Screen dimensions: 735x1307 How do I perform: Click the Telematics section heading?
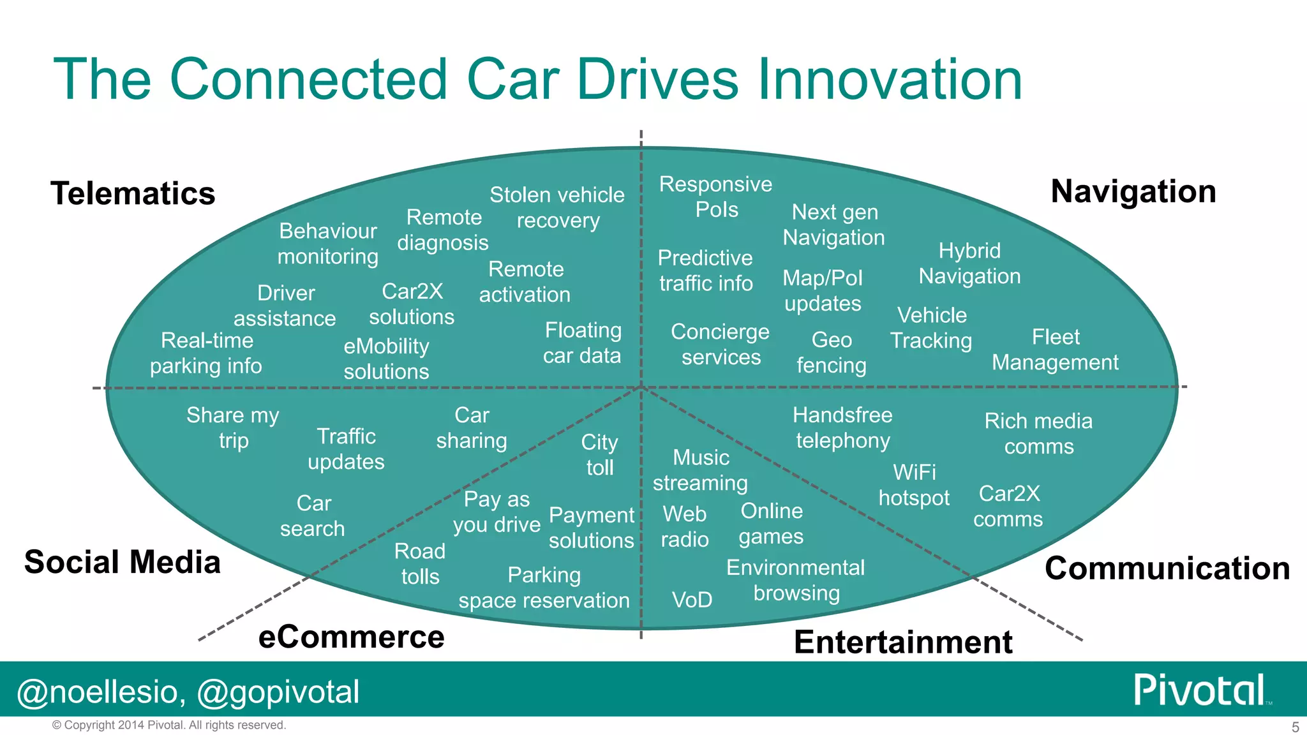(x=133, y=193)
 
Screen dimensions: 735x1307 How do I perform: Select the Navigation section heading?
(x=1133, y=191)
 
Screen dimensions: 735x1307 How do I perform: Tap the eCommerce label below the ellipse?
(x=351, y=637)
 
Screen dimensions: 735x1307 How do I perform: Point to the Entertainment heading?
(x=902, y=642)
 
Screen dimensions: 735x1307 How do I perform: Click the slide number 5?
(x=1295, y=727)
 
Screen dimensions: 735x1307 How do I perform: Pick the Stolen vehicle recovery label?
(x=557, y=207)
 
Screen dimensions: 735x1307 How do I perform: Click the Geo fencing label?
(x=832, y=352)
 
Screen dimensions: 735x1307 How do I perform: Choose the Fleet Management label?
(x=1055, y=350)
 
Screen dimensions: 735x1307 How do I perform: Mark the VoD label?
(x=692, y=600)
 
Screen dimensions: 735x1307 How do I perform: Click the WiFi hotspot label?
(x=914, y=485)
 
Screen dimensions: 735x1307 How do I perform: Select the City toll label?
(x=599, y=455)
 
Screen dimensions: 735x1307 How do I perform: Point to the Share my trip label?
(x=233, y=427)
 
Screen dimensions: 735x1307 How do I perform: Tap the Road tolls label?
(x=420, y=563)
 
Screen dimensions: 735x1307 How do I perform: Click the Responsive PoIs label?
(x=715, y=197)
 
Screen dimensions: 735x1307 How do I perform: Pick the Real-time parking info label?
(x=206, y=353)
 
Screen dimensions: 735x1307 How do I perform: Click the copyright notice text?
(x=169, y=725)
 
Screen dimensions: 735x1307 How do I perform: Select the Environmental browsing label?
(x=796, y=580)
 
